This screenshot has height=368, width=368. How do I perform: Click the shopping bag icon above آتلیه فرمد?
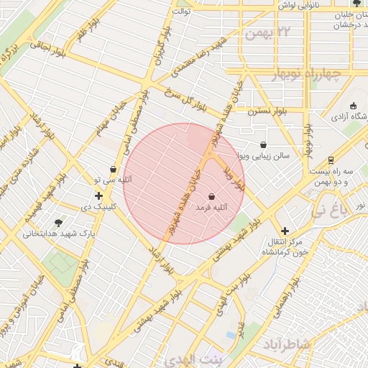212,195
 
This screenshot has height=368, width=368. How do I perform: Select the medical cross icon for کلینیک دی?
98,195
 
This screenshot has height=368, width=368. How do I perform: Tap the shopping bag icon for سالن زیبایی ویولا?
263,144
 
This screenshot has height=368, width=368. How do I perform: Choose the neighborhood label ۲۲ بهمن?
270,33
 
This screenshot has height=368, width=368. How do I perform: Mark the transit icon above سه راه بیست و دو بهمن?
331,160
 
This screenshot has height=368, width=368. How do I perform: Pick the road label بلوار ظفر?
80,39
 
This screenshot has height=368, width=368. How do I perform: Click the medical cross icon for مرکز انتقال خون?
285,231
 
